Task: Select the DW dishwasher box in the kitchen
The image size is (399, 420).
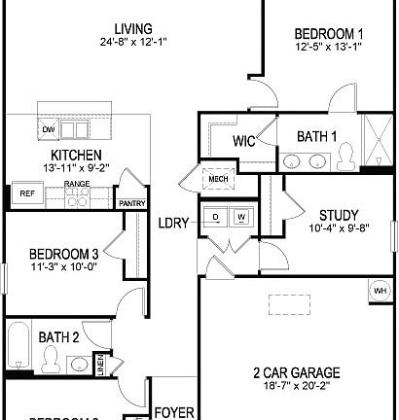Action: (48, 128)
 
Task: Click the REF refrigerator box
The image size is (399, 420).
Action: (26, 193)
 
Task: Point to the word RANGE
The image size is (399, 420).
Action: (77, 183)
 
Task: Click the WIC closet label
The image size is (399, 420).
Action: (243, 142)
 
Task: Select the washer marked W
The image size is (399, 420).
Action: (239, 217)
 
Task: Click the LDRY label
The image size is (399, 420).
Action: (175, 224)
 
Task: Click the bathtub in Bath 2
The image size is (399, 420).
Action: (18, 354)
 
